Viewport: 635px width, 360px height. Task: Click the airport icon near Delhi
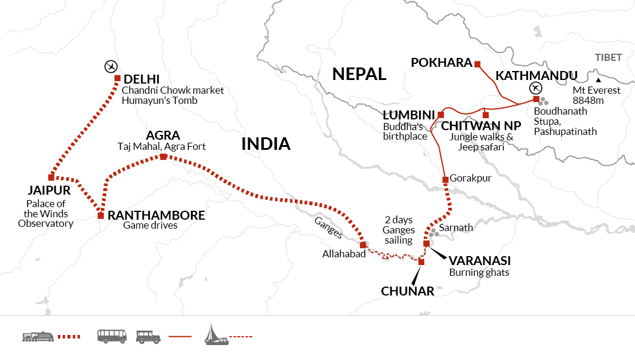pos(109,65)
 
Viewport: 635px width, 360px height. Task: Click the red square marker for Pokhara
pos(477,63)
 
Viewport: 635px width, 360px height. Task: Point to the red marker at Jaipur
pos(51,177)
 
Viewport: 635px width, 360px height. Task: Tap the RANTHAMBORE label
pos(156,215)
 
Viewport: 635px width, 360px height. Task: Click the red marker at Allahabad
pos(363,245)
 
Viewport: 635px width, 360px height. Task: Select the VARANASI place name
pos(480,261)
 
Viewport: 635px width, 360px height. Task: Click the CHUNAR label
pos(407,291)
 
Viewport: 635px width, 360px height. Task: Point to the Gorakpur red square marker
pos(445,180)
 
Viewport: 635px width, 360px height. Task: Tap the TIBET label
pos(608,57)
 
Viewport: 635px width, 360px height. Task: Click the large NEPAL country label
pos(359,74)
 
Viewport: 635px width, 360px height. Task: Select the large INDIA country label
pos(266,144)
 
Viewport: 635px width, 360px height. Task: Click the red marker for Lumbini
pos(441,115)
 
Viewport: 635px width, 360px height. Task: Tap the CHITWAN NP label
pos(481,126)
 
